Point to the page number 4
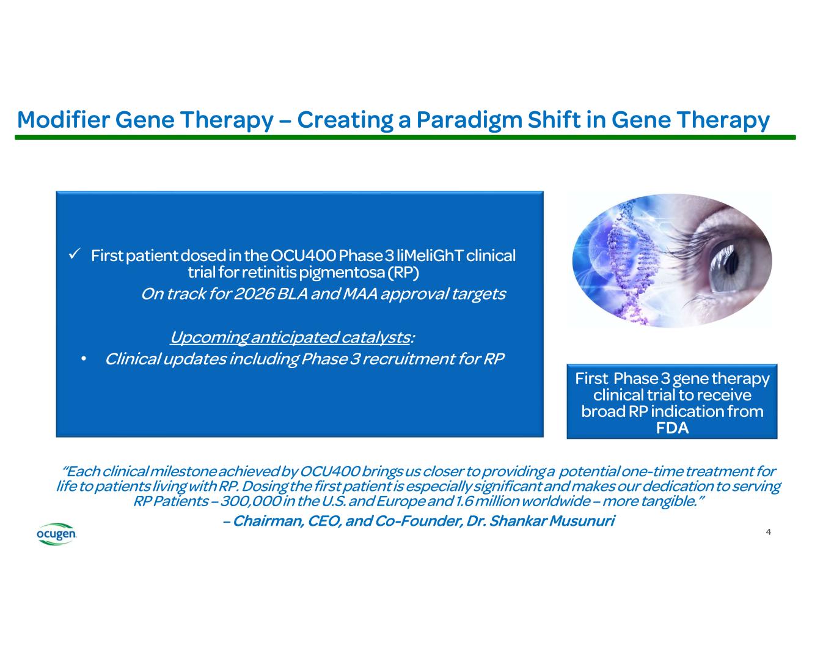pos(768,532)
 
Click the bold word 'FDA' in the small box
pos(672,428)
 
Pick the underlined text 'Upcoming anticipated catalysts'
pos(289,337)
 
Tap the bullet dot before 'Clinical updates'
pos(84,359)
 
